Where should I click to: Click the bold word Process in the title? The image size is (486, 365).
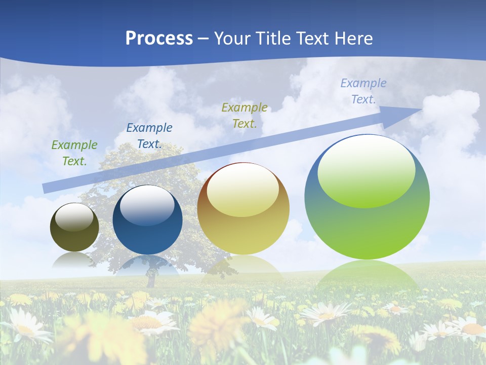[x=159, y=38]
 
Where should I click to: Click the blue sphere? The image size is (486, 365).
[x=147, y=220]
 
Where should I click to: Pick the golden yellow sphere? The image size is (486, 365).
[x=243, y=209]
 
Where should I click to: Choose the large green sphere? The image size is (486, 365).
[x=367, y=197]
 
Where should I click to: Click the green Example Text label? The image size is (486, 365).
[x=74, y=153]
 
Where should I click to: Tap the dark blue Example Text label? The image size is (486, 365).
[x=149, y=136]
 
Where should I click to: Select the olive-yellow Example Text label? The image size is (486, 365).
[x=245, y=115]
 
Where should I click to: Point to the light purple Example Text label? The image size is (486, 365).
[x=363, y=91]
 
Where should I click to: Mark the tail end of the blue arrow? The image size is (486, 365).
[x=45, y=189]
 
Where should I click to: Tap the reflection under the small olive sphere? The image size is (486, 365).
[x=74, y=260]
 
